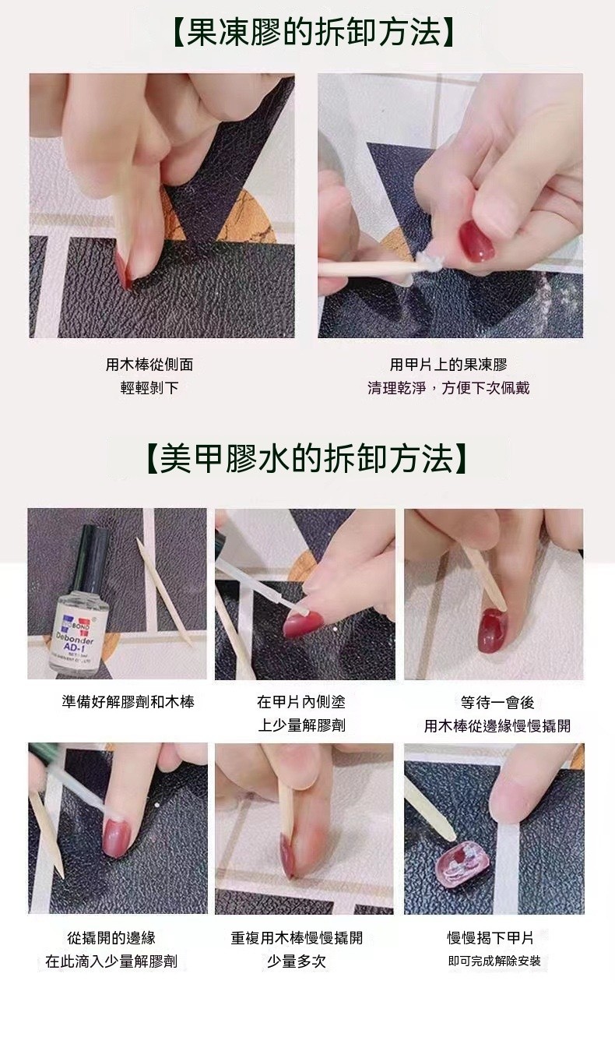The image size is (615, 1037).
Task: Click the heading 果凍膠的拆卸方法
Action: click(314, 33)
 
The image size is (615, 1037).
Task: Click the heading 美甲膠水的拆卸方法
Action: click(307, 458)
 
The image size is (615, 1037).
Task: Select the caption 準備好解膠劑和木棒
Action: click(128, 702)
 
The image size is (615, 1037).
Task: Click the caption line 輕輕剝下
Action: click(149, 388)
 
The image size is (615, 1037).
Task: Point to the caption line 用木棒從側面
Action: click(149, 365)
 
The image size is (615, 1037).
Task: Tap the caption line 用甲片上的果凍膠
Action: click(448, 365)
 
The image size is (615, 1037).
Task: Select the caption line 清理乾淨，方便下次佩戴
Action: click(448, 388)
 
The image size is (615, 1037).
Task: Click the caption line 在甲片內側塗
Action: click(301, 702)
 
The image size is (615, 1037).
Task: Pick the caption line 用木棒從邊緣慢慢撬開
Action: click(497, 725)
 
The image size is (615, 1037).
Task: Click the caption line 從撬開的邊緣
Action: click(111, 938)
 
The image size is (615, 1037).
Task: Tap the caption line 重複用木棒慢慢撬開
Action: click(297, 938)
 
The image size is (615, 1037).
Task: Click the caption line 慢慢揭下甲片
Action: click(490, 938)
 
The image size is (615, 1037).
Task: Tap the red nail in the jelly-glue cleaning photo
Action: click(476, 240)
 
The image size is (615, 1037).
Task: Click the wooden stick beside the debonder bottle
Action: click(164, 591)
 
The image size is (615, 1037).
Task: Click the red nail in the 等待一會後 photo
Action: click(493, 630)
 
